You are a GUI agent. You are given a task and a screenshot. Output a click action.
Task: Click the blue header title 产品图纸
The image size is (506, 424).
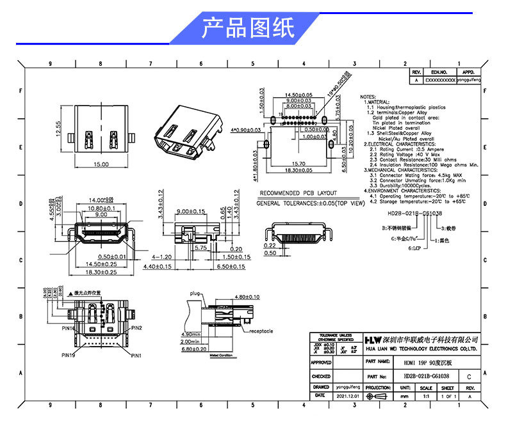point(248,28)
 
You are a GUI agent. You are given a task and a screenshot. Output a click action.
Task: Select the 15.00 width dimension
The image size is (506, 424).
point(101,164)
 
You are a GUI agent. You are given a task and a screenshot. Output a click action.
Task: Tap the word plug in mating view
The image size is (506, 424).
point(195,293)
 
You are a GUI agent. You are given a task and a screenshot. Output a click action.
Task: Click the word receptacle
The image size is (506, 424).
point(261,331)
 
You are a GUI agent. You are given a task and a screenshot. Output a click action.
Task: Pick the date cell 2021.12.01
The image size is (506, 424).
point(347,397)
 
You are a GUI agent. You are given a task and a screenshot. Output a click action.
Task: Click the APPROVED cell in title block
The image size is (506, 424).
point(321,363)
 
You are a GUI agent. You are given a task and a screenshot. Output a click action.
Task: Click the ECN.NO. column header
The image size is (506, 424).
point(438,74)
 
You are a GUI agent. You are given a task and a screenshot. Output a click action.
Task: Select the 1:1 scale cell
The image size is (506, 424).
point(426,397)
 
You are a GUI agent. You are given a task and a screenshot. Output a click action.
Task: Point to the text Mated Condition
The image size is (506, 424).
point(222,354)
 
